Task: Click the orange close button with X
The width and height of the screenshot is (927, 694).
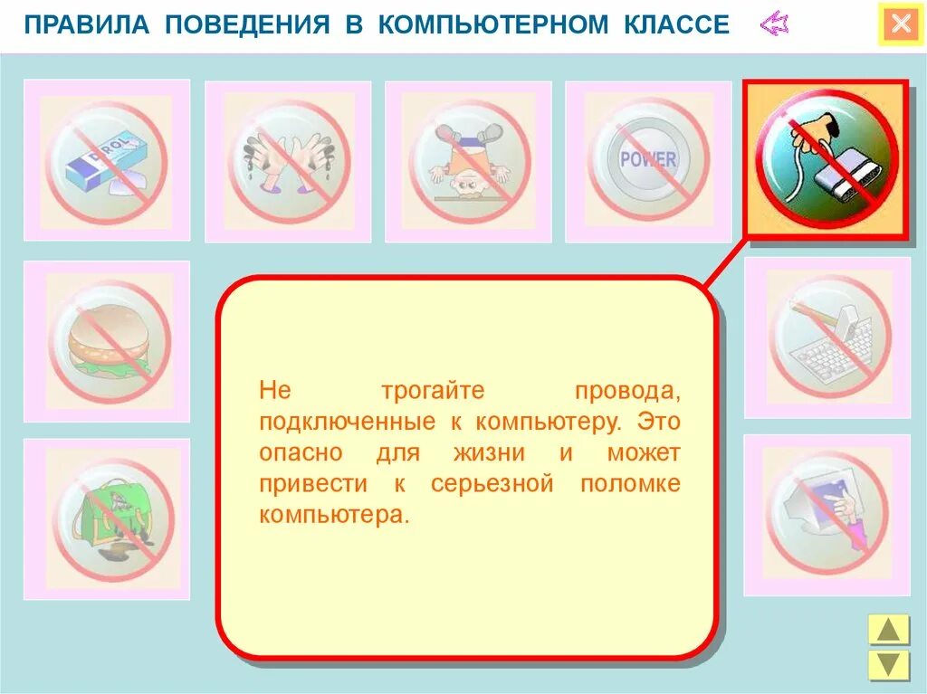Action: pyautogui.click(x=901, y=24)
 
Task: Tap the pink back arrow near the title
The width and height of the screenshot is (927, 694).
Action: pyautogui.click(x=774, y=24)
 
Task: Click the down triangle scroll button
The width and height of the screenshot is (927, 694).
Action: pyautogui.click(x=888, y=664)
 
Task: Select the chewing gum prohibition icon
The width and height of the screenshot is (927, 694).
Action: pyautogui.click(x=107, y=160)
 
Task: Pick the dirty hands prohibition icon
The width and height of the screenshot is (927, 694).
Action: pyautogui.click(x=288, y=162)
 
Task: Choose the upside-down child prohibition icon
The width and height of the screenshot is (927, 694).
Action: pyautogui.click(x=468, y=162)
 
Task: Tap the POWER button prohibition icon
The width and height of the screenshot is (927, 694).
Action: pyautogui.click(x=648, y=162)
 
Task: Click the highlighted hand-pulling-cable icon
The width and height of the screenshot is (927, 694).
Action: pyautogui.click(x=825, y=160)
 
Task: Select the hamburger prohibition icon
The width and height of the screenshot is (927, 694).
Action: pyautogui.click(x=107, y=341)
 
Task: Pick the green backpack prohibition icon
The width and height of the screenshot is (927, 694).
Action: pyautogui.click(x=107, y=518)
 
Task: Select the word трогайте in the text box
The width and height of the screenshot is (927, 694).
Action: pyautogui.click(x=433, y=392)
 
